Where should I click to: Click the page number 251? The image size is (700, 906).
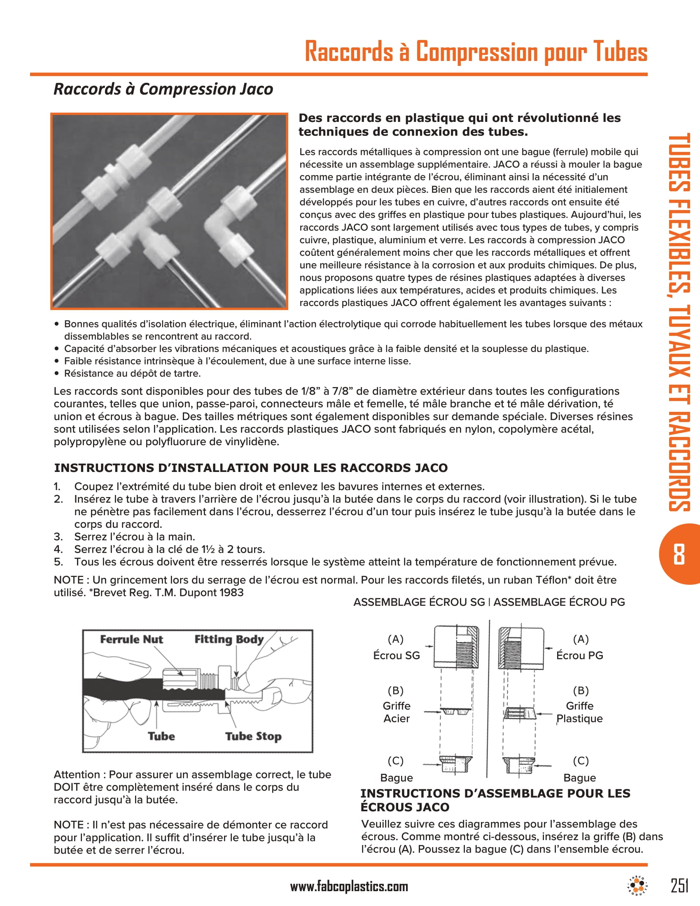(679, 886)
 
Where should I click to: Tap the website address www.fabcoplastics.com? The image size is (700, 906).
(349, 887)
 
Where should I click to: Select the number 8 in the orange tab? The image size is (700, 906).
(679, 554)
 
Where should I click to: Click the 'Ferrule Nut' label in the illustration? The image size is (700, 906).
(131, 639)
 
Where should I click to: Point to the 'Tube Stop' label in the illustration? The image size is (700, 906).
(253, 736)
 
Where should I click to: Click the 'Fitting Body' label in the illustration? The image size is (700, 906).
(229, 639)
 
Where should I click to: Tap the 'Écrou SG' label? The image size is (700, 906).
(397, 656)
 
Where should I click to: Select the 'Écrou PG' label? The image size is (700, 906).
(579, 656)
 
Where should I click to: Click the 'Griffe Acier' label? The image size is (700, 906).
(397, 712)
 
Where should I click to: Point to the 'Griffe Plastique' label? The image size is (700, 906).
(579, 712)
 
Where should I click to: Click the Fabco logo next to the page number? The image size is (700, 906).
(637, 886)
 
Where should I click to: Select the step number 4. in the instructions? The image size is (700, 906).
(58, 549)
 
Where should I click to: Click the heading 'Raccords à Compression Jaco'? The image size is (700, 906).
(163, 89)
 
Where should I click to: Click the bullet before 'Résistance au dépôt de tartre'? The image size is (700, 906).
(57, 374)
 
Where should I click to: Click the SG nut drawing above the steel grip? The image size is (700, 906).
(456, 646)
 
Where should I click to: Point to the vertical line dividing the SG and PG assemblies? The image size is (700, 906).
(489, 697)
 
